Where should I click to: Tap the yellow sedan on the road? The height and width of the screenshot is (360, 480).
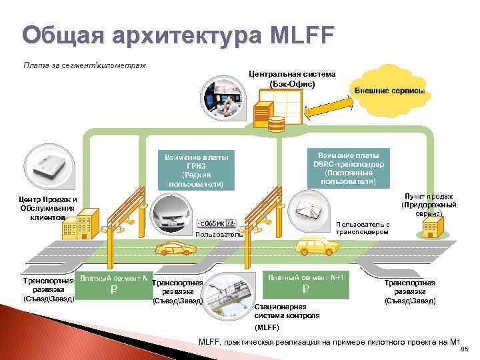click(175, 249)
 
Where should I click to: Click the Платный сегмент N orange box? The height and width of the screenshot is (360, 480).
click(113, 284)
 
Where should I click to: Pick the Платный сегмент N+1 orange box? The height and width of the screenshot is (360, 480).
click(305, 283)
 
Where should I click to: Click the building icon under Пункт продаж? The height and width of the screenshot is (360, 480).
click(429, 229)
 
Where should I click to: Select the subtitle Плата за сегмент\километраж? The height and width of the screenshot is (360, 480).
click(85, 65)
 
